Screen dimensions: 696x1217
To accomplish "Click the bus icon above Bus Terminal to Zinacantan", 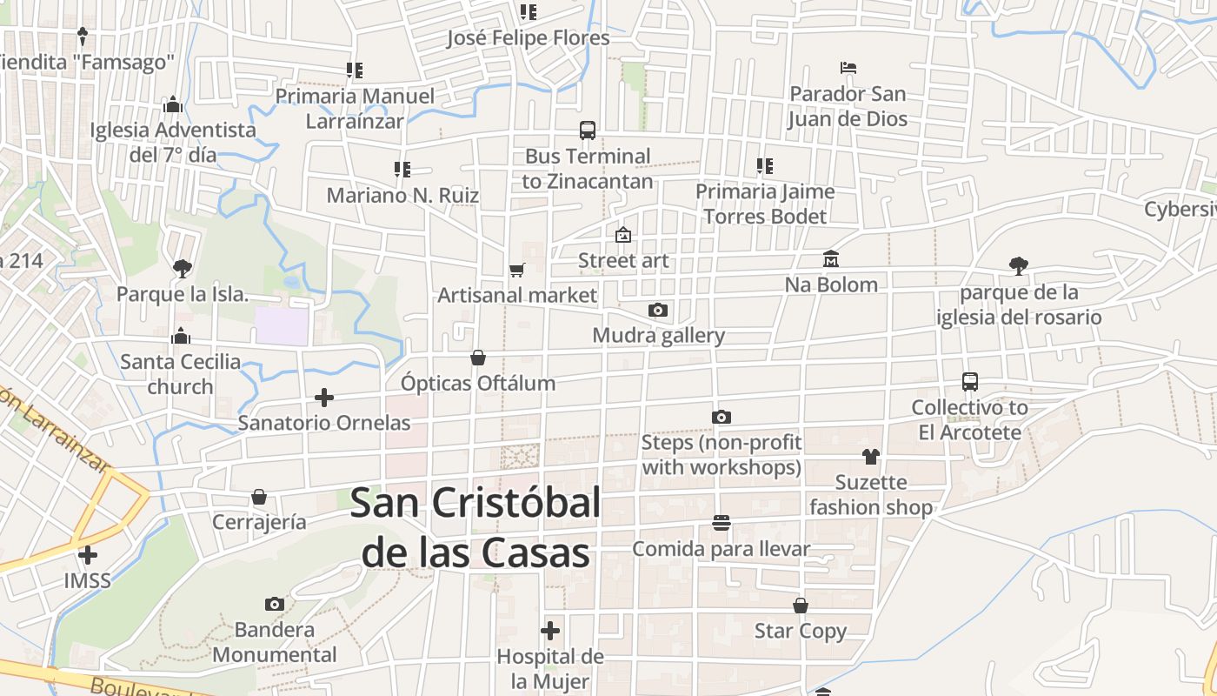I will [x=588, y=130].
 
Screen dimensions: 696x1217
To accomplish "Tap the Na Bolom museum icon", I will [x=831, y=259].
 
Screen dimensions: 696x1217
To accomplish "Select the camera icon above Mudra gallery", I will [x=658, y=310].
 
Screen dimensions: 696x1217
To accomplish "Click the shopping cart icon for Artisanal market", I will [x=517, y=270].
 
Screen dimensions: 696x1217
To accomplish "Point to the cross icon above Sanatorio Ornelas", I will [x=324, y=398].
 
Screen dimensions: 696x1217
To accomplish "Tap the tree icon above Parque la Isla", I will [x=182, y=268].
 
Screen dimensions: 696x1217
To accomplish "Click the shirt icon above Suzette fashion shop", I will [x=871, y=457].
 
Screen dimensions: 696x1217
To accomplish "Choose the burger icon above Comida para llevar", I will [x=721, y=523].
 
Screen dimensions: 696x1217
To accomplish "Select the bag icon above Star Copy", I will [x=801, y=606].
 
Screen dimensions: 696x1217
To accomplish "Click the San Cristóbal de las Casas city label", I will [x=476, y=527].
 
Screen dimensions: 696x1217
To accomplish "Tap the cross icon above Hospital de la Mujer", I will [x=550, y=631].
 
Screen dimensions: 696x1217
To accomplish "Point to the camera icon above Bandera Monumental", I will [x=275, y=604].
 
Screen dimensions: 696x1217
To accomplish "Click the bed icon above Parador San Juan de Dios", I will [x=848, y=68].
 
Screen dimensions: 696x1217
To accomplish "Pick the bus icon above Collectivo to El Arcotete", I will [x=970, y=381].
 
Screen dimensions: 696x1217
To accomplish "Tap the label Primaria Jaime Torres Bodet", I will [x=765, y=204].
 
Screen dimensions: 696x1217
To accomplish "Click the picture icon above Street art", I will [x=623, y=235].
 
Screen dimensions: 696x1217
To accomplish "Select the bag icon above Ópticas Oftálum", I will [x=478, y=358].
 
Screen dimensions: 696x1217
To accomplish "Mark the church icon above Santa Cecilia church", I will [x=181, y=336].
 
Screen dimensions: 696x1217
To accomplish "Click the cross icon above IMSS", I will [x=88, y=554].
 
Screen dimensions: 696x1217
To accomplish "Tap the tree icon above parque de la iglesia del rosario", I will [x=1019, y=266].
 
